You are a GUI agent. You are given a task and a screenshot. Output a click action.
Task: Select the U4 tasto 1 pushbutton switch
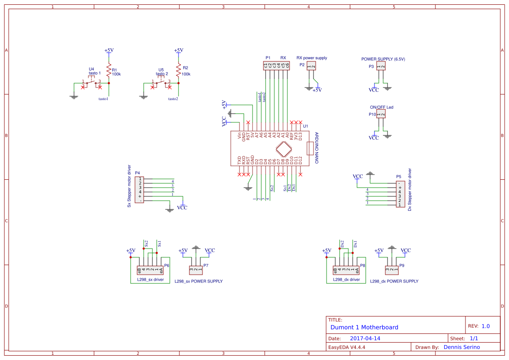pyautogui.click(x=91, y=82)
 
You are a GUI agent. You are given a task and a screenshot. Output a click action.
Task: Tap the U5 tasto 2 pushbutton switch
pyautogui.click(x=161, y=82)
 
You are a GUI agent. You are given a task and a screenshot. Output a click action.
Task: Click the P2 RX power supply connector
pyautogui.click(x=311, y=66)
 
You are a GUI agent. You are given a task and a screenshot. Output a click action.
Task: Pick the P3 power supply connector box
pyautogui.click(x=381, y=66)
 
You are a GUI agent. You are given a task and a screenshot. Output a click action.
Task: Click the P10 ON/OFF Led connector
pyautogui.click(x=381, y=114)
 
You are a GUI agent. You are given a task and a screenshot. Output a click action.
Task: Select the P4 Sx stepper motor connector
pyautogui.click(x=140, y=190)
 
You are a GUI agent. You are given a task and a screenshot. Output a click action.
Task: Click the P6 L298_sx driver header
pyautogui.click(x=150, y=270)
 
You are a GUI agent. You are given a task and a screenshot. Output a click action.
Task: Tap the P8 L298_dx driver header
pyautogui.click(x=346, y=270)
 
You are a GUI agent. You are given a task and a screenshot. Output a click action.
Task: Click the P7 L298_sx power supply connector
pyautogui.click(x=196, y=270)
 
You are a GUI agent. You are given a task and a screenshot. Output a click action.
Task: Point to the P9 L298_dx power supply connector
pyautogui.click(x=392, y=270)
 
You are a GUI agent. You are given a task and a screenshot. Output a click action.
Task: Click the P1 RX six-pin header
pyautogui.click(x=276, y=66)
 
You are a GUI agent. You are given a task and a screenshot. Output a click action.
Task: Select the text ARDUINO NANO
pyautogui.click(x=317, y=148)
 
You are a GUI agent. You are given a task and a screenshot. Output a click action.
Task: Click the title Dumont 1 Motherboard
pyautogui.click(x=364, y=327)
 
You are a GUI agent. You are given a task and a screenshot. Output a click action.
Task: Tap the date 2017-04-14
pyautogui.click(x=365, y=338)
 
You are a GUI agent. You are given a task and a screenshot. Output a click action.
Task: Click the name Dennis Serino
pyautogui.click(x=462, y=347)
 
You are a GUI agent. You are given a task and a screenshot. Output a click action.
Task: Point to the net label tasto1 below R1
pyautogui.click(x=103, y=99)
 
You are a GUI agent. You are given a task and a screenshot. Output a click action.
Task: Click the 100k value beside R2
pyautogui.click(x=186, y=74)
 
